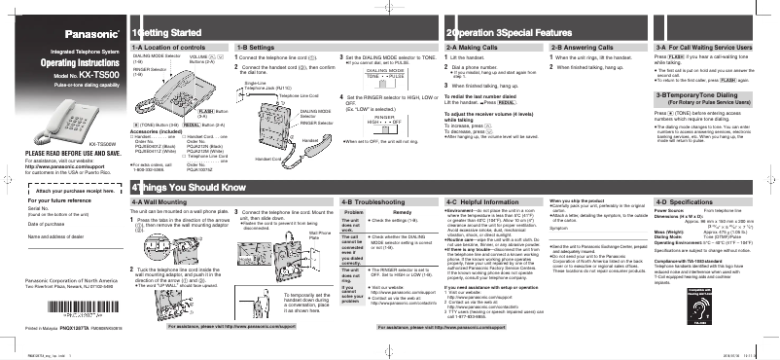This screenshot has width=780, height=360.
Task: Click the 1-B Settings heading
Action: click(257, 47)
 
